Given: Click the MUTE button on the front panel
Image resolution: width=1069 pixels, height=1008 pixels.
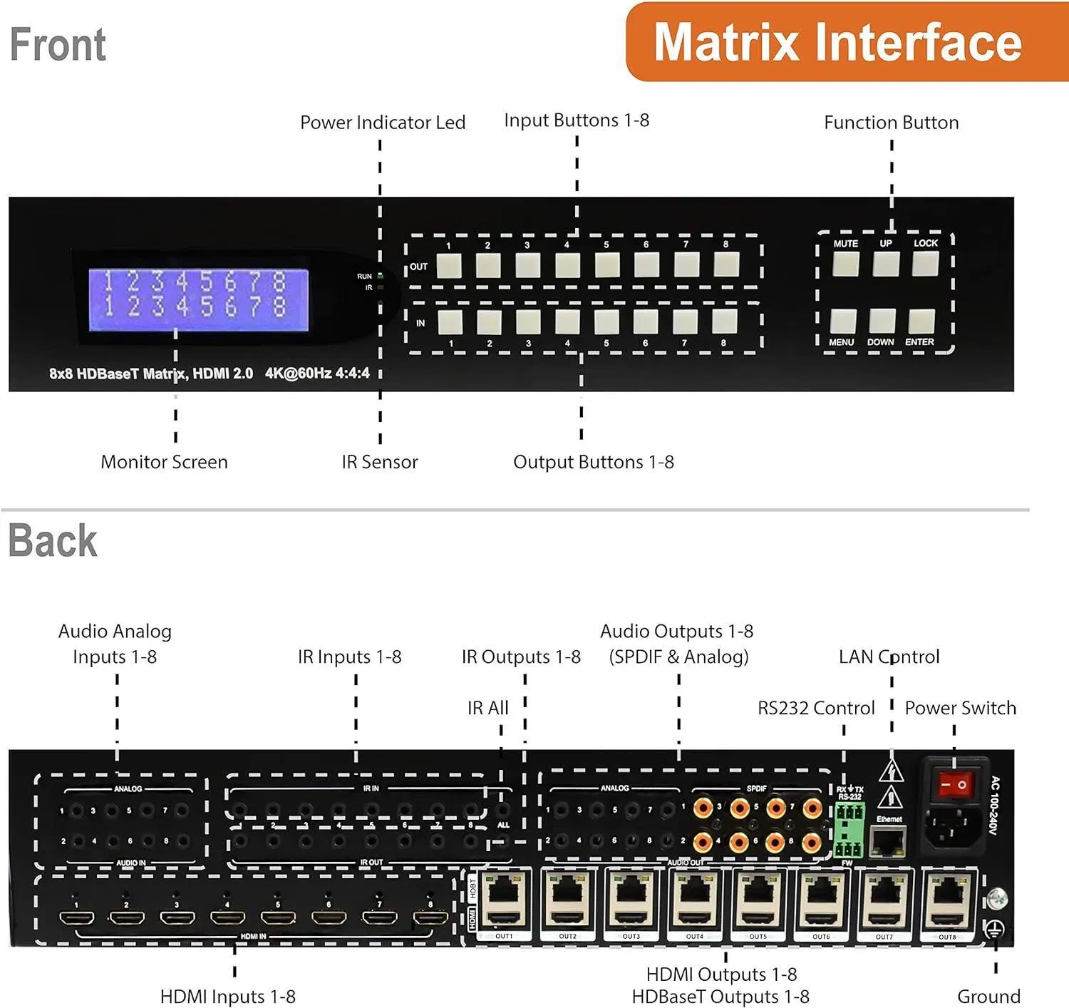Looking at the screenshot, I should (x=846, y=264).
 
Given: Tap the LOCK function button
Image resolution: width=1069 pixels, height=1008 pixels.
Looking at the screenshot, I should (x=925, y=264).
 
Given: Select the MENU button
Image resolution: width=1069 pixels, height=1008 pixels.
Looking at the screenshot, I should (x=843, y=322).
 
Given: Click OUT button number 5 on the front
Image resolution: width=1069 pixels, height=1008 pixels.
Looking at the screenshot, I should (x=607, y=265).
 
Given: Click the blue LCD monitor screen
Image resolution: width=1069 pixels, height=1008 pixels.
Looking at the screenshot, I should (x=198, y=299).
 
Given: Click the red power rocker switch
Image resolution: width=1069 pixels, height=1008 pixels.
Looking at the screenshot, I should (x=954, y=785).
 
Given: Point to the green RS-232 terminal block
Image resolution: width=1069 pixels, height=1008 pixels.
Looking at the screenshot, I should (x=849, y=830).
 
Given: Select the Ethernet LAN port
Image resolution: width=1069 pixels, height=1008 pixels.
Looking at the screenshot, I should (x=889, y=842).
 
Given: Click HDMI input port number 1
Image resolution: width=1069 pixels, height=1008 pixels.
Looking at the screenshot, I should (x=76, y=918).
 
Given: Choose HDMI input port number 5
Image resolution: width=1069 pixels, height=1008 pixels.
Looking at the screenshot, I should (x=278, y=918).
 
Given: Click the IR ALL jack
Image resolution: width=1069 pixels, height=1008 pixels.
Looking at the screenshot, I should (x=503, y=811).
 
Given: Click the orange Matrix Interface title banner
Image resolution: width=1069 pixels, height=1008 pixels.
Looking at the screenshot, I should (x=838, y=43).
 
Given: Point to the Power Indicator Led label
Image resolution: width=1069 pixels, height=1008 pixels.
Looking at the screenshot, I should (x=383, y=123).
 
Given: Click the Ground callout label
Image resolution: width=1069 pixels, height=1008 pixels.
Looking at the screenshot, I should (x=988, y=996).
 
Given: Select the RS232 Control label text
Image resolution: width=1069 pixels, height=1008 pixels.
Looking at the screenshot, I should (x=816, y=708).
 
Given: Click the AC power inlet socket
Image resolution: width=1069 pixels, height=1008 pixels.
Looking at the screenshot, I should (x=954, y=827).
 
